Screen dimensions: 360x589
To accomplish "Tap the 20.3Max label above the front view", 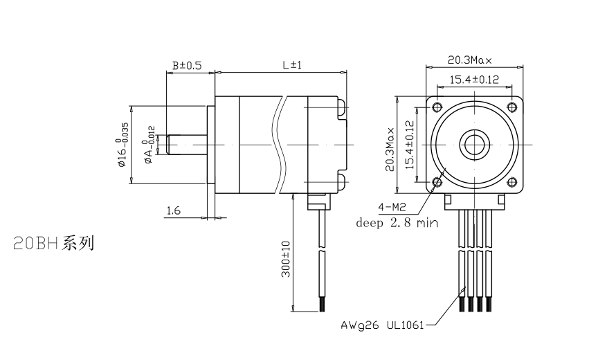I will coord(474,60).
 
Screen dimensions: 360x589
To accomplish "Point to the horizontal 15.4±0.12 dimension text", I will coord(474,80).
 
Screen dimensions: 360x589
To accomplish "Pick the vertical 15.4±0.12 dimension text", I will coord(409,146).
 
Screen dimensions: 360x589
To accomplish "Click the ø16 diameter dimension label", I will coord(123,145).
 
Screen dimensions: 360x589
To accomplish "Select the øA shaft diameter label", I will coord(148,145).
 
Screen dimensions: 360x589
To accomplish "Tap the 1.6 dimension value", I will coord(173,210).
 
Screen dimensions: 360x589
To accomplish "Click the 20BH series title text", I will coord(53,244).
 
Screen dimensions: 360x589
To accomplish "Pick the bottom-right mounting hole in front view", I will coord(512,182).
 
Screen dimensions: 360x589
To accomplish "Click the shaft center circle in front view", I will coord(475,144).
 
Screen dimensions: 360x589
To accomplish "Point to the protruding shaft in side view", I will coord(188,144).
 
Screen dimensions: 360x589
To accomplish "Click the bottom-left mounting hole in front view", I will coord(437,182).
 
